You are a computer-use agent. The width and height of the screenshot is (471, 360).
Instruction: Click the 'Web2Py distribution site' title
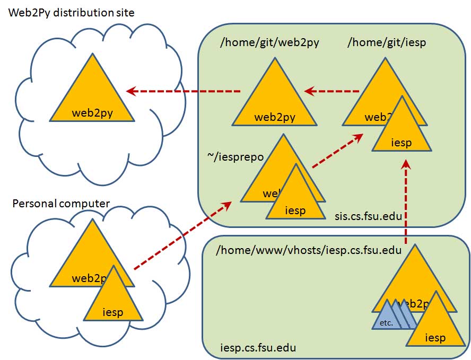pos(72,12)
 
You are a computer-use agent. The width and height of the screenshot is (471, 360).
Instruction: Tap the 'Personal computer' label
pos(61,204)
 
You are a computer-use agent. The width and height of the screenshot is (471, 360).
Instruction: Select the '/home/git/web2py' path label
pos(269,43)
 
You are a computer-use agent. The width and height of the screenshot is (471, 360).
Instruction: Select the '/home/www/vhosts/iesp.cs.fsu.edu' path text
pos(309,250)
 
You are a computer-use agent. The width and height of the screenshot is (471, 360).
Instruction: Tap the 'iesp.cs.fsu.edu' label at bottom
pos(258,348)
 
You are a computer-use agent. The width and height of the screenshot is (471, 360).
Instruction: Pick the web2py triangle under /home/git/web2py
pos(274,103)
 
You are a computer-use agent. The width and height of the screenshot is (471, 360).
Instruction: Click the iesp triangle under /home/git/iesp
pos(400,133)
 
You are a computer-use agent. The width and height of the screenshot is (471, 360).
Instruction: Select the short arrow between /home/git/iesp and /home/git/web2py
pos(332,92)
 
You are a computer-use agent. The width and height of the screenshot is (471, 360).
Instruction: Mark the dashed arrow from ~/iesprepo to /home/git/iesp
pos(337,151)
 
